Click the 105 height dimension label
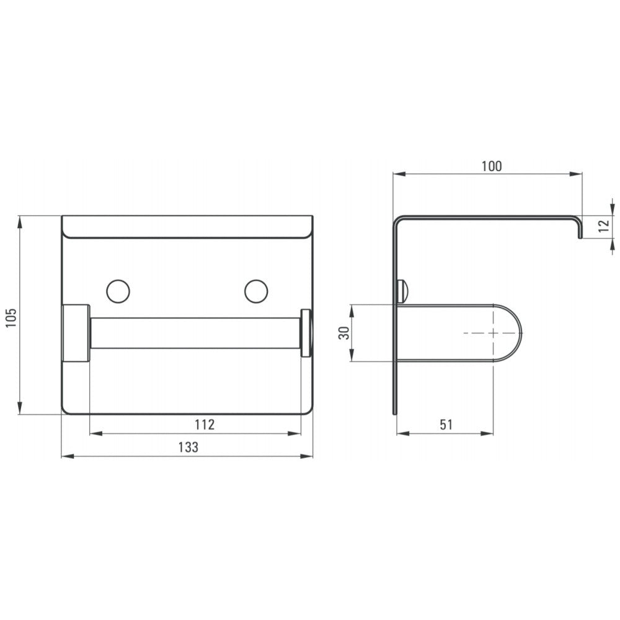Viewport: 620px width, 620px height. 11,317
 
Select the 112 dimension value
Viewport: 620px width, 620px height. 205,424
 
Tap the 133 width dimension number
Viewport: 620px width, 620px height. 188,447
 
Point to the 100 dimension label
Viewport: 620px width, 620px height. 492,166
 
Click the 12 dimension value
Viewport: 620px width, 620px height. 604,226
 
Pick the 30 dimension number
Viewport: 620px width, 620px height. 345,332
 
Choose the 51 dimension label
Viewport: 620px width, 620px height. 446,424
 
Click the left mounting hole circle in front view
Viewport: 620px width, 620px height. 118,291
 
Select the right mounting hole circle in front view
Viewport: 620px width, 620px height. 256,291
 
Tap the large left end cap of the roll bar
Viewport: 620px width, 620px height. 76,333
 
